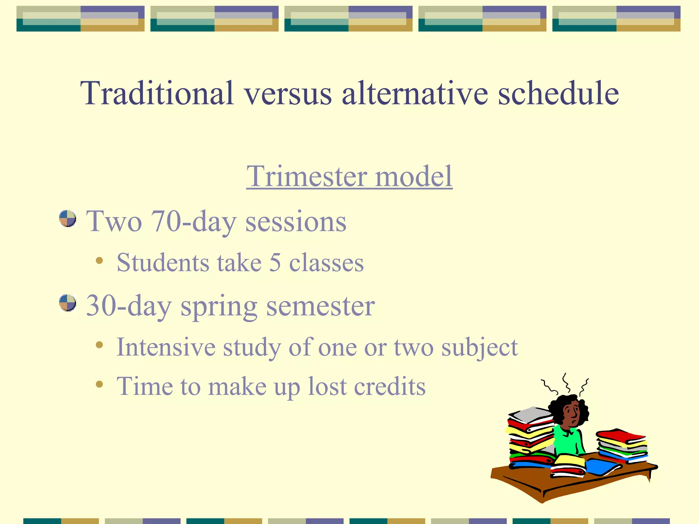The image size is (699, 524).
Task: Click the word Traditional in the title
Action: [157, 93]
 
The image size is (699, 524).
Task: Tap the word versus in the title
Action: [287, 93]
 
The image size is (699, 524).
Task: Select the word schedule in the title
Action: [558, 93]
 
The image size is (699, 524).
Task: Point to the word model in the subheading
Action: [414, 176]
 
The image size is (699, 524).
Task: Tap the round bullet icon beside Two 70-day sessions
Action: [68, 219]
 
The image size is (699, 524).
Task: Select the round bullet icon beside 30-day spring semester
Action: [68, 303]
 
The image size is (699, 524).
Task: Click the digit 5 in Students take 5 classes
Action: [275, 263]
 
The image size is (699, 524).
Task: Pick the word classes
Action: [326, 263]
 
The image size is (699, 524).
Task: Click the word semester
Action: [320, 306]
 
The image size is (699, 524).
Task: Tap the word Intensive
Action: [166, 347]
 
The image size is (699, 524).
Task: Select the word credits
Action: [389, 387]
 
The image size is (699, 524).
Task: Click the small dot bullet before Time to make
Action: [99, 384]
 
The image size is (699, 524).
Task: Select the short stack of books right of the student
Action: [622, 445]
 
